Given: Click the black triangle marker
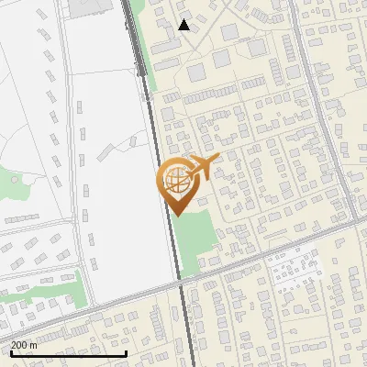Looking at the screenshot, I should click(184, 25).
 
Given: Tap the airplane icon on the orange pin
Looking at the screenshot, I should click(201, 168).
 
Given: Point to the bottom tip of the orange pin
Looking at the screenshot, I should click(175, 216).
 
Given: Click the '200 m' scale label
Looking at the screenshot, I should click(24, 345).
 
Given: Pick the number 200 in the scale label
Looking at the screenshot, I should click(19, 345).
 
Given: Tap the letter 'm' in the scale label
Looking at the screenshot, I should click(33, 345).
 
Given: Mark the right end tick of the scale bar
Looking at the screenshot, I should click(126, 352).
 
